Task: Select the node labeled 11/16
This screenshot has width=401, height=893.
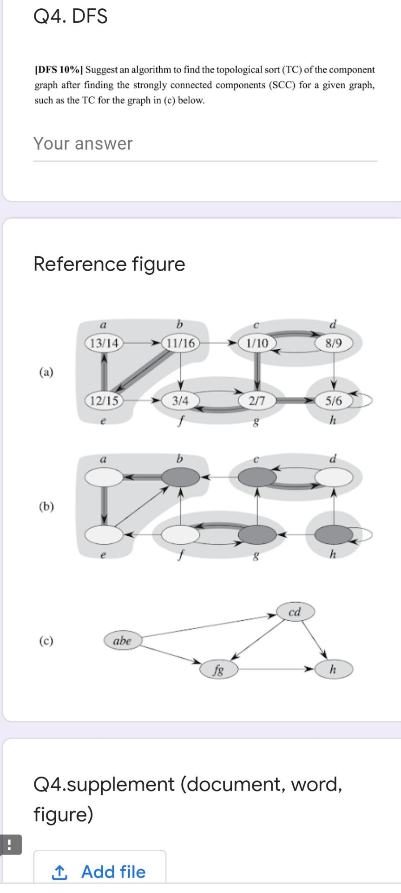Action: point(180,344)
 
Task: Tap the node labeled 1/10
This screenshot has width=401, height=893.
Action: point(257,344)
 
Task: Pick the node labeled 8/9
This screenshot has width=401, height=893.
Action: point(334,344)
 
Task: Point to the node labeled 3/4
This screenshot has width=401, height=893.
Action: point(180,400)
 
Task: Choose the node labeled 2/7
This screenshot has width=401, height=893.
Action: point(257,400)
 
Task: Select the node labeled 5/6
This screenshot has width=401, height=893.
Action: point(334,400)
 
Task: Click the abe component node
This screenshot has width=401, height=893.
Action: point(122,640)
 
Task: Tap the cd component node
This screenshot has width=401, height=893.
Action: point(295,612)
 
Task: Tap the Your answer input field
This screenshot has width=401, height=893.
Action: point(205,144)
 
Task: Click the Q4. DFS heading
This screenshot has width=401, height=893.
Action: point(71,17)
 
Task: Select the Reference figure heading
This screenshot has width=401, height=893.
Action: point(109,264)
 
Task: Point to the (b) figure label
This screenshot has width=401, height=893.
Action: point(46,506)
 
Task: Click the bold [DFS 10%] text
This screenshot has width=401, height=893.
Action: point(59,70)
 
